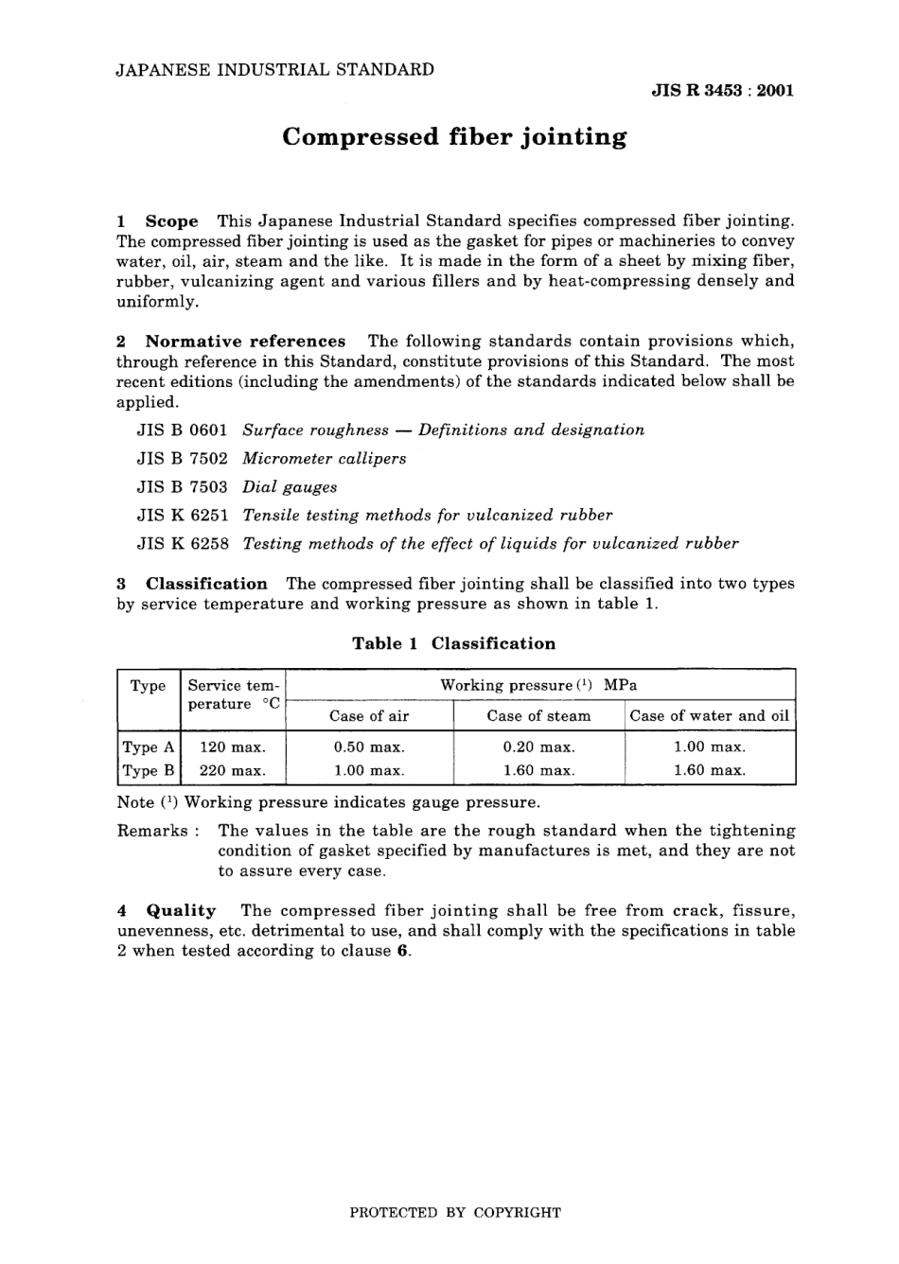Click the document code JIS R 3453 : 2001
tap(722, 91)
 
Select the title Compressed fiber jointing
tap(454, 137)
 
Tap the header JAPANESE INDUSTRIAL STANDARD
tap(274, 69)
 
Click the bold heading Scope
tap(171, 221)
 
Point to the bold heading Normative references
tap(245, 342)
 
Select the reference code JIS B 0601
tap(183, 430)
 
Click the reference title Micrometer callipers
tap(324, 459)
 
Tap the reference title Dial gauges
tap(290, 487)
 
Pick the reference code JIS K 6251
tap(183, 516)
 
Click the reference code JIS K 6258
tap(183, 544)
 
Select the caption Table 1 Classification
tap(453, 644)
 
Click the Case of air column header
tap(369, 716)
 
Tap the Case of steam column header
tap(538, 716)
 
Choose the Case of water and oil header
tap(709, 716)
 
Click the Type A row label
tap(148, 747)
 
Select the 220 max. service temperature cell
tap(232, 771)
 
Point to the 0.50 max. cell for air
tap(369, 747)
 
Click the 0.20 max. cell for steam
tap(538, 747)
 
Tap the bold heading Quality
tap(181, 911)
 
